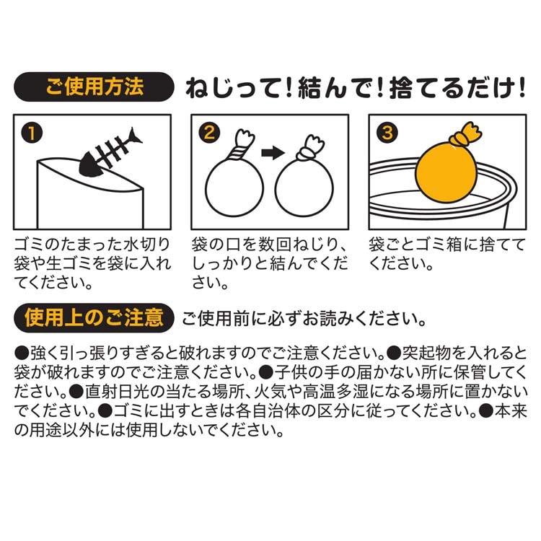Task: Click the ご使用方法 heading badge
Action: [x=94, y=87]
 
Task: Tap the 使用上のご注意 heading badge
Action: [x=94, y=318]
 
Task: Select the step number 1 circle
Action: [x=32, y=133]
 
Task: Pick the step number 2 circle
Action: [x=209, y=133]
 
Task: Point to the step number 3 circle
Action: [x=387, y=133]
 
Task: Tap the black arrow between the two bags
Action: [x=273, y=153]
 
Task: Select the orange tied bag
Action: [x=447, y=163]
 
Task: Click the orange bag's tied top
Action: [x=466, y=135]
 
